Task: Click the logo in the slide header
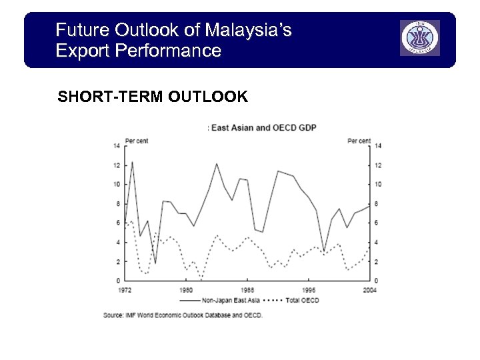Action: (x=420, y=38)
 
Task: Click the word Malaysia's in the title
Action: (x=248, y=30)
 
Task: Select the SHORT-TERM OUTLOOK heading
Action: (x=153, y=97)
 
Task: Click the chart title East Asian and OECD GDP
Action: (x=263, y=127)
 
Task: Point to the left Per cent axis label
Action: (x=136, y=140)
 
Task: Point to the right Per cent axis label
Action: (x=359, y=140)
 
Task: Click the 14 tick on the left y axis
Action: (x=117, y=145)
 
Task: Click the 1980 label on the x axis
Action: (x=186, y=289)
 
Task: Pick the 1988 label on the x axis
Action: (x=247, y=289)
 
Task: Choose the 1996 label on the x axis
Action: (x=308, y=289)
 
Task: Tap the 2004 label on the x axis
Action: (x=369, y=289)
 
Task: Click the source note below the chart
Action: (x=183, y=315)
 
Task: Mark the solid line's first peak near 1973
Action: (x=132, y=162)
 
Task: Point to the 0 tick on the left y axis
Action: (x=117, y=281)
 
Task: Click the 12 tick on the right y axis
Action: (x=377, y=165)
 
